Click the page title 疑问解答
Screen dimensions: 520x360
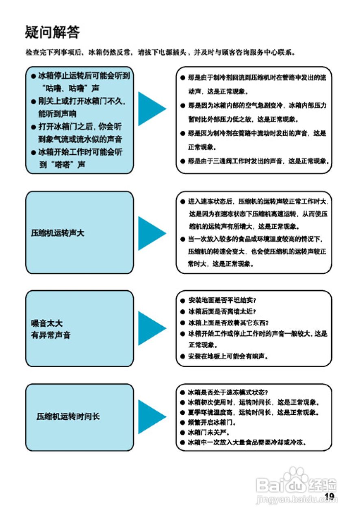(52, 32)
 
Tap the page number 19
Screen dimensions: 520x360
(329, 496)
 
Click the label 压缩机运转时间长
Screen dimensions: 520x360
(68, 417)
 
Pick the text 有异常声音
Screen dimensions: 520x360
(51, 336)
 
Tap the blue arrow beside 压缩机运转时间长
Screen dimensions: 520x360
(151, 417)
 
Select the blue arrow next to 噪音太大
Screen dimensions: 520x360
(151, 328)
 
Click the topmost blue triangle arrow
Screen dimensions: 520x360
(151, 108)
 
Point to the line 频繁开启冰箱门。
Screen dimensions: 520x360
(212, 422)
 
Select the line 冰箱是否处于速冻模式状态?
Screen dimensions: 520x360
(228, 393)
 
